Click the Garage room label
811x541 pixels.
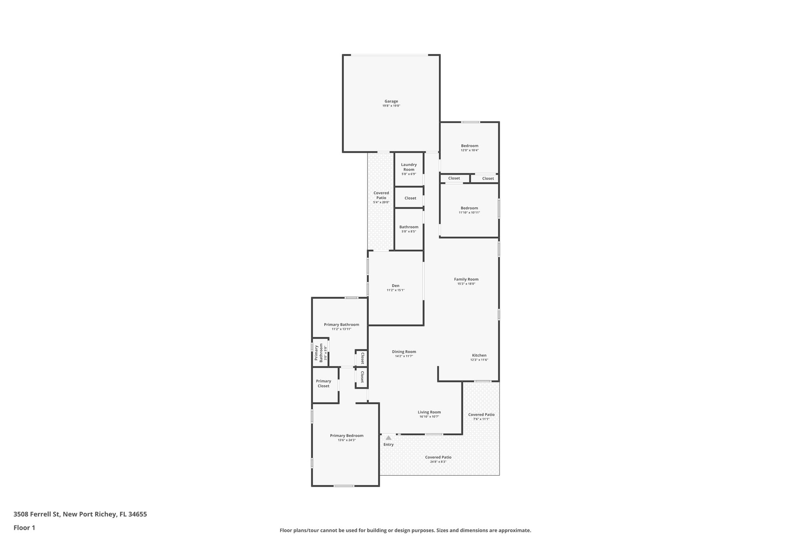pyautogui.click(x=391, y=101)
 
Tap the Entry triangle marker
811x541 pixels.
pyautogui.click(x=388, y=438)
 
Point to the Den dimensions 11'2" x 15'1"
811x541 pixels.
pyautogui.click(x=396, y=290)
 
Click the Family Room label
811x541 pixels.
pyautogui.click(x=466, y=279)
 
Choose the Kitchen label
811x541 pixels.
pyautogui.click(x=479, y=355)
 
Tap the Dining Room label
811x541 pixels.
pyautogui.click(x=404, y=352)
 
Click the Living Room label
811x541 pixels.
pyautogui.click(x=429, y=412)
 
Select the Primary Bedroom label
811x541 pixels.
pyautogui.click(x=346, y=436)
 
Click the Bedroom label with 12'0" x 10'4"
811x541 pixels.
pyautogui.click(x=470, y=145)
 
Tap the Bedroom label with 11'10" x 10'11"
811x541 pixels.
pyautogui.click(x=469, y=208)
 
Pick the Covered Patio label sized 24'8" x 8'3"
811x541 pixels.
pyautogui.click(x=438, y=457)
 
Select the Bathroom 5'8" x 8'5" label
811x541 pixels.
pyautogui.click(x=409, y=227)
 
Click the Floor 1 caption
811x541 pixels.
pyautogui.click(x=24, y=528)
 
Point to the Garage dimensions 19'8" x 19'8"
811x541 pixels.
pyautogui.click(x=391, y=106)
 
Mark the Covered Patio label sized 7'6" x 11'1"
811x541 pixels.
pyautogui.click(x=481, y=415)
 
